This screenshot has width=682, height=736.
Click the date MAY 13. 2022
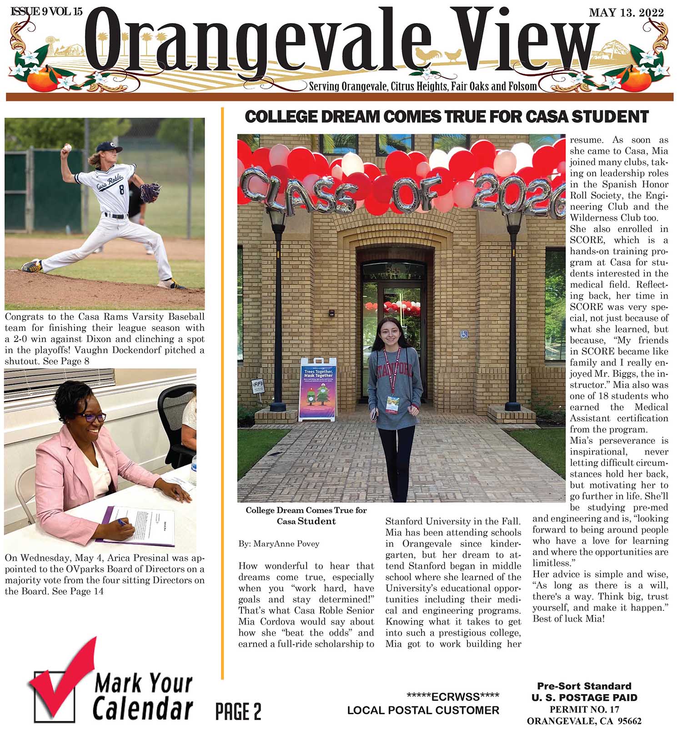[626, 13]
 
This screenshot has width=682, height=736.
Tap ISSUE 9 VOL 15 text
[46, 12]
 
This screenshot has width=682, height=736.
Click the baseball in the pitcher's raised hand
[68, 147]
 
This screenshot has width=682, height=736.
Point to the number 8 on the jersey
[121, 190]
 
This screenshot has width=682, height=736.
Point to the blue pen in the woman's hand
[122, 522]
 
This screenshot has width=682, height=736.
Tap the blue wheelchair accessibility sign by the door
[464, 335]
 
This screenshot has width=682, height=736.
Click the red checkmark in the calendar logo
[64, 674]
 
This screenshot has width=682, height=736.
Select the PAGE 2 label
[238, 711]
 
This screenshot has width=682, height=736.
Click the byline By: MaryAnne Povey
[279, 543]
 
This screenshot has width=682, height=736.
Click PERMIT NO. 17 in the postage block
[584, 709]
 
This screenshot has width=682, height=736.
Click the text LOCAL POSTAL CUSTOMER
[423, 710]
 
